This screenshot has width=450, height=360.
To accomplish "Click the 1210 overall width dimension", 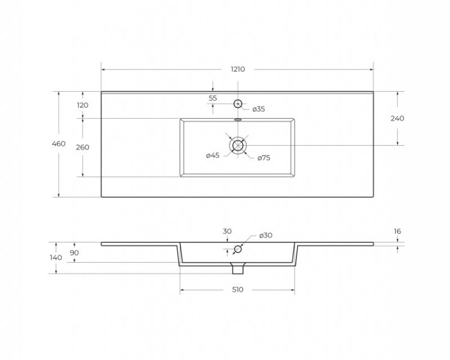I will (238, 70).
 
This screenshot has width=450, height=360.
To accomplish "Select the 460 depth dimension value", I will (58, 144).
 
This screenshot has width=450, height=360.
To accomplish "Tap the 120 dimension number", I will (83, 105).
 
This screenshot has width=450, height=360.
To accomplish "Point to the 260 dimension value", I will (83, 148).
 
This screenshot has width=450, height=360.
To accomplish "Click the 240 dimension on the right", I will (397, 118).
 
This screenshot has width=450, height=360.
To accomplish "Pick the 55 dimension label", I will (213, 98).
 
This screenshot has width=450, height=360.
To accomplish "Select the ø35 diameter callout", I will (259, 109).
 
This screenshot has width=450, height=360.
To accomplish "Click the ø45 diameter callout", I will (212, 156).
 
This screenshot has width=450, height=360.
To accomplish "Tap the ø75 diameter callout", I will (264, 158).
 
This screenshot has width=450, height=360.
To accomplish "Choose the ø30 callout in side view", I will (266, 235).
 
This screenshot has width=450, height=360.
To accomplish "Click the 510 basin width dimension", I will (238, 290).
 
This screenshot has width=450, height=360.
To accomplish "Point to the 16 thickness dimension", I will (397, 231).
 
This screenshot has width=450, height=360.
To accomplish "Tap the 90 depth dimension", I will (74, 253).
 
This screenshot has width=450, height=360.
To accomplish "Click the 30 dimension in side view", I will (227, 231).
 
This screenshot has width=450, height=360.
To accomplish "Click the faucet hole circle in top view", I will (238, 104).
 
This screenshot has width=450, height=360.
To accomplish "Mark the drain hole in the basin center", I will (238, 145).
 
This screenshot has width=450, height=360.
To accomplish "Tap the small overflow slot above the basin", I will (238, 119).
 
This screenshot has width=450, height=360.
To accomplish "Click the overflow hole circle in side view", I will (238, 249).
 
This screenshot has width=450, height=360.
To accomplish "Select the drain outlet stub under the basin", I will (238, 268).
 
